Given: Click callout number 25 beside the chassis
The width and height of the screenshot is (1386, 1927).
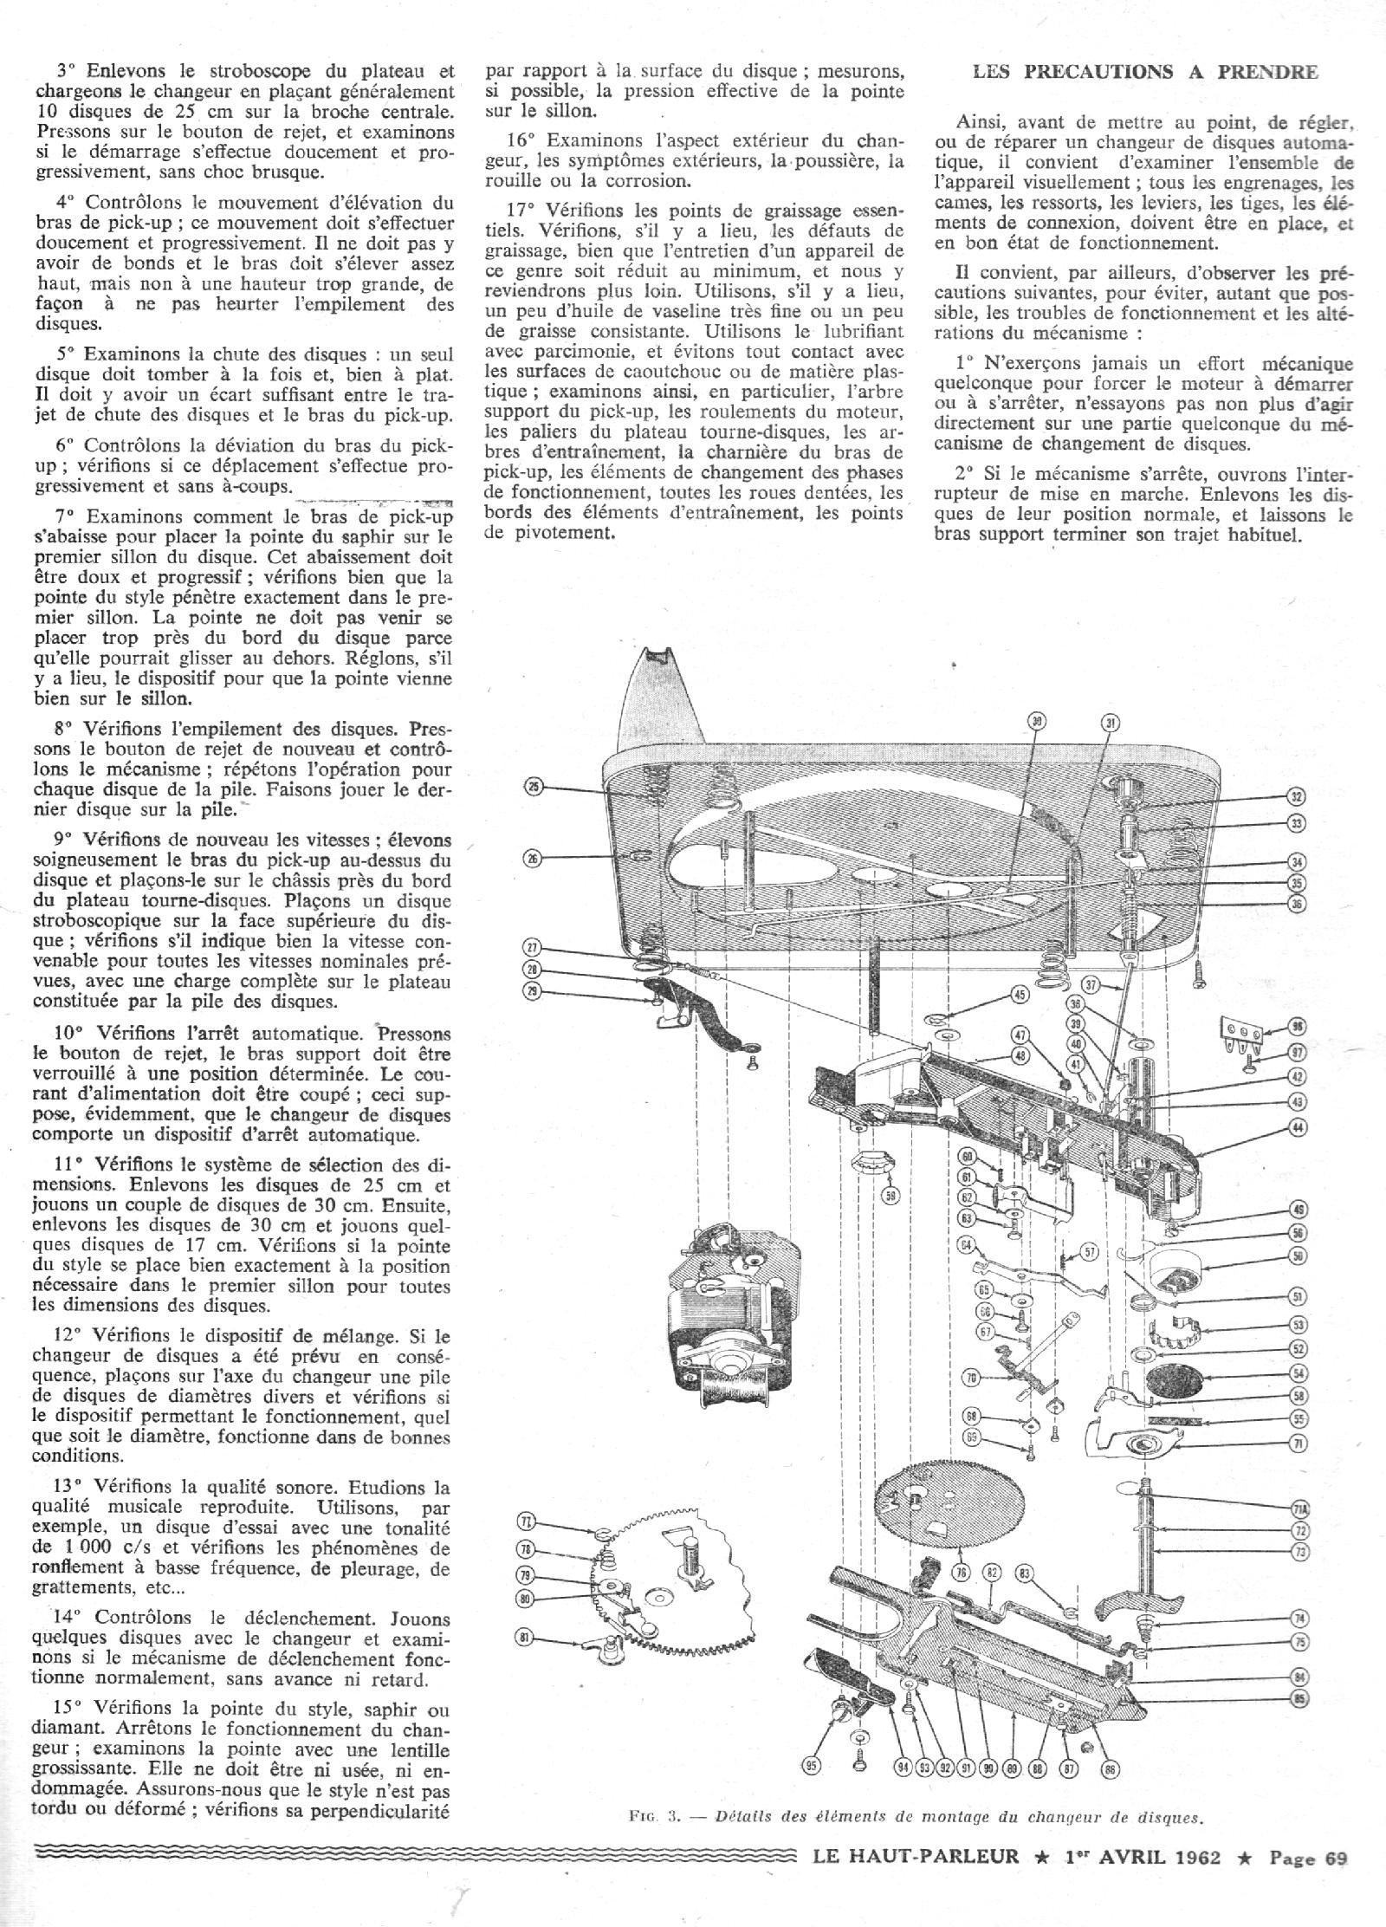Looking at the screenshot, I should point(534,788).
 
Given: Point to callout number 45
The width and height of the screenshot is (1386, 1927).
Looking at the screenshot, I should point(1021,996).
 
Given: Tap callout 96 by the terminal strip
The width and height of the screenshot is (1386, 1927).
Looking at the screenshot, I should point(1297,1027).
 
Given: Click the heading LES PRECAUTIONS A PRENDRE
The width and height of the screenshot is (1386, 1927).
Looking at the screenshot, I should point(1145,73).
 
